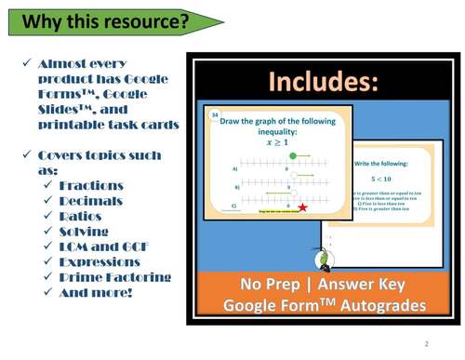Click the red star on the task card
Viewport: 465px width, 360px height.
point(303,207)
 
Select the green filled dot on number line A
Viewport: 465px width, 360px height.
point(294,155)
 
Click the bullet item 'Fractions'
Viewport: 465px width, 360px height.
point(91,186)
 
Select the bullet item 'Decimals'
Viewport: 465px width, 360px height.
point(90,201)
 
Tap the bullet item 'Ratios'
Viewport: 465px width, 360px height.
point(83,216)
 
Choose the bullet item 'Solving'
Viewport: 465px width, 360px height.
point(84,232)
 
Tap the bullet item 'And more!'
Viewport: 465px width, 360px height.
point(97,292)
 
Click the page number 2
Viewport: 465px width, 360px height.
point(426,344)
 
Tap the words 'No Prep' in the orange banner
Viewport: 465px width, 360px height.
point(268,285)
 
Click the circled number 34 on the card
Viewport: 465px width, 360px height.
point(215,114)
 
